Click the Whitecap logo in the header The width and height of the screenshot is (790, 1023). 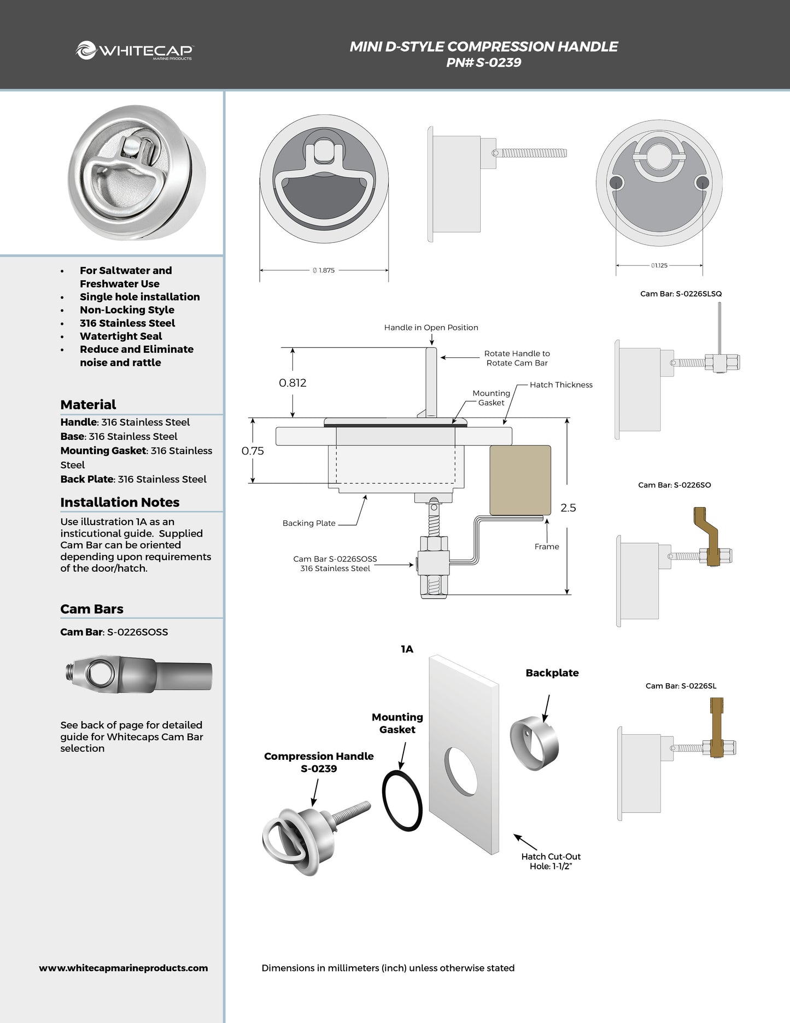134,51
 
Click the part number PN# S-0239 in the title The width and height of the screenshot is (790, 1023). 483,62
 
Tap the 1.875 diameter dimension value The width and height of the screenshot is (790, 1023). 326,270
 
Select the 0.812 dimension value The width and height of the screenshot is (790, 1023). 292,383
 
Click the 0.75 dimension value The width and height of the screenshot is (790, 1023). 253,451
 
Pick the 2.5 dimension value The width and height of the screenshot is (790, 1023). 568,508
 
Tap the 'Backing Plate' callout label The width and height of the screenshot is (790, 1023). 309,523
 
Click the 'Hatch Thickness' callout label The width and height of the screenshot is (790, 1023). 561,385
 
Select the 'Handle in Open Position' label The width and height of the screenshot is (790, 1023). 431,327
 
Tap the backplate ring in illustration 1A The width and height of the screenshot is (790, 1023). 534,743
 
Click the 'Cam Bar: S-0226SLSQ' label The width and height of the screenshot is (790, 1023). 681,294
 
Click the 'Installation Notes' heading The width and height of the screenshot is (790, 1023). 120,502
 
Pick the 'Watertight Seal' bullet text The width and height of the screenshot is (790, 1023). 121,336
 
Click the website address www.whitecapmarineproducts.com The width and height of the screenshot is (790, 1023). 124,968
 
